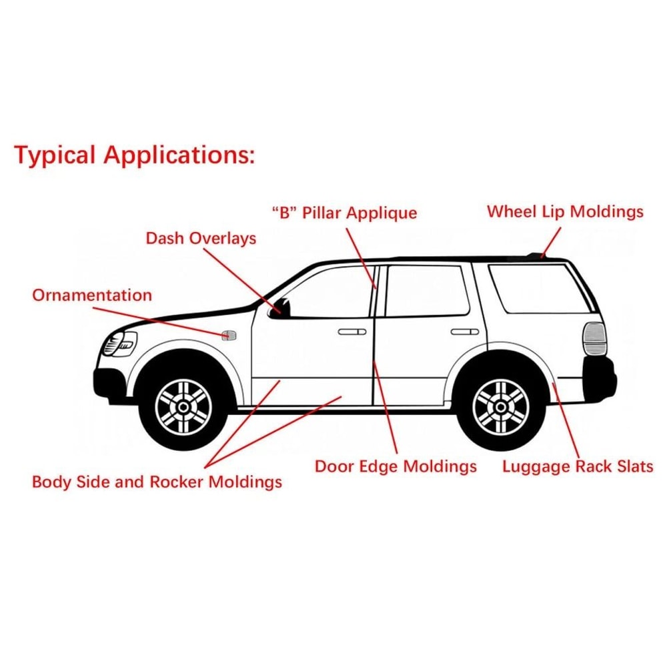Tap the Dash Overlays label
click(x=201, y=237)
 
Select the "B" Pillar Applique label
click(x=344, y=213)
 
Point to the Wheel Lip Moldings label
click(x=565, y=211)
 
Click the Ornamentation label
click(x=92, y=295)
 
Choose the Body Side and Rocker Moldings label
click(x=157, y=481)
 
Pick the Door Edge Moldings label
click(x=396, y=466)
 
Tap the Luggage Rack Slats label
click(x=578, y=466)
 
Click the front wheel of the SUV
click(x=183, y=406)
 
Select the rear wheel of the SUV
click(x=501, y=406)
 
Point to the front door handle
click(x=352, y=331)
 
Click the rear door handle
click(x=464, y=331)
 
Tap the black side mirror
click(x=280, y=308)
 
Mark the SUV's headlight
click(x=119, y=344)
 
